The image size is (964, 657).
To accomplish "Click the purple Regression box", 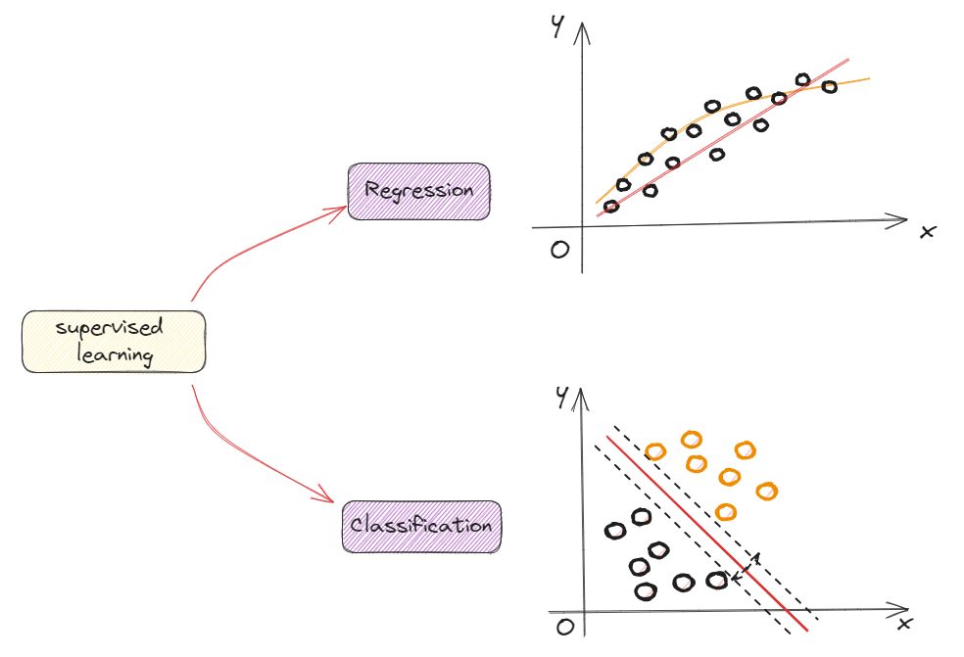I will click(418, 191).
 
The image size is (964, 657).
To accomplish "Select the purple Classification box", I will click(420, 527).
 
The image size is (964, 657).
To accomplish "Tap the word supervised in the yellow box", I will click(109, 328).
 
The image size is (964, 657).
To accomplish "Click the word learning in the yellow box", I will click(115, 353).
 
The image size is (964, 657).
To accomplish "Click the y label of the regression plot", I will click(556, 28).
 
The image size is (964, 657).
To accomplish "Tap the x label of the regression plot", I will click(927, 231).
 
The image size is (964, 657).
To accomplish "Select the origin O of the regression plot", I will click(559, 250).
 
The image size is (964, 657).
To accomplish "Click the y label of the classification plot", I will click(560, 396).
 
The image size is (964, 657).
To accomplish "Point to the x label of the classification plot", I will click(905, 624).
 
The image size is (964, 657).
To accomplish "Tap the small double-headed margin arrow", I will click(747, 566).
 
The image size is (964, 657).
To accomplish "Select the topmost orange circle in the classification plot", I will click(692, 439).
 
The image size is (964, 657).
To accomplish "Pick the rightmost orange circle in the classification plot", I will click(766, 491).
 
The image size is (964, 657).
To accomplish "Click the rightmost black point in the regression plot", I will click(829, 87).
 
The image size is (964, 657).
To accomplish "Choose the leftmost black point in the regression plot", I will click(611, 207).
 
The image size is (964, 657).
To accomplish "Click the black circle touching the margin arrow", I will click(717, 581).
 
